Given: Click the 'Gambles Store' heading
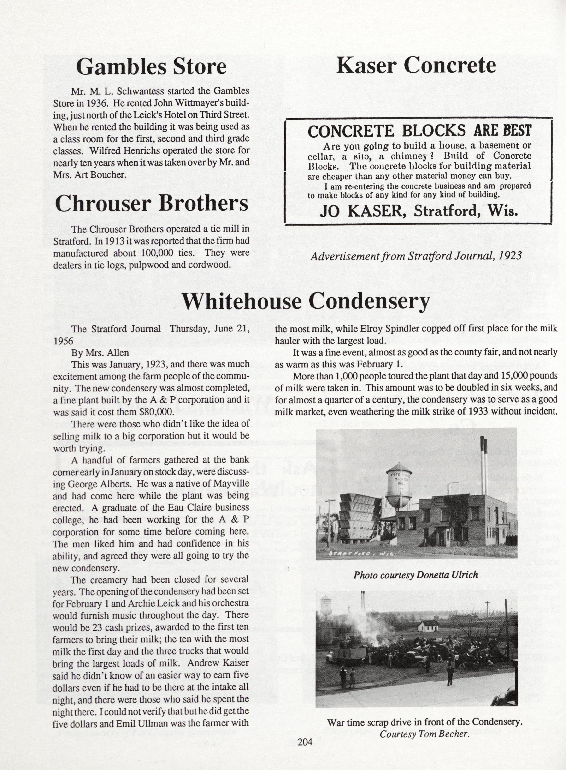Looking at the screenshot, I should [151, 66].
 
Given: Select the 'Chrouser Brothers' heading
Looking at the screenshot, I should [151, 203].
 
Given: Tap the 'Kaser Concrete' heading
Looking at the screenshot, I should [416, 65].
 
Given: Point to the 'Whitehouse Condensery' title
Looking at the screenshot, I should [305, 301].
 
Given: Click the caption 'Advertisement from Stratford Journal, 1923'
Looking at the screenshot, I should [416, 256].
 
